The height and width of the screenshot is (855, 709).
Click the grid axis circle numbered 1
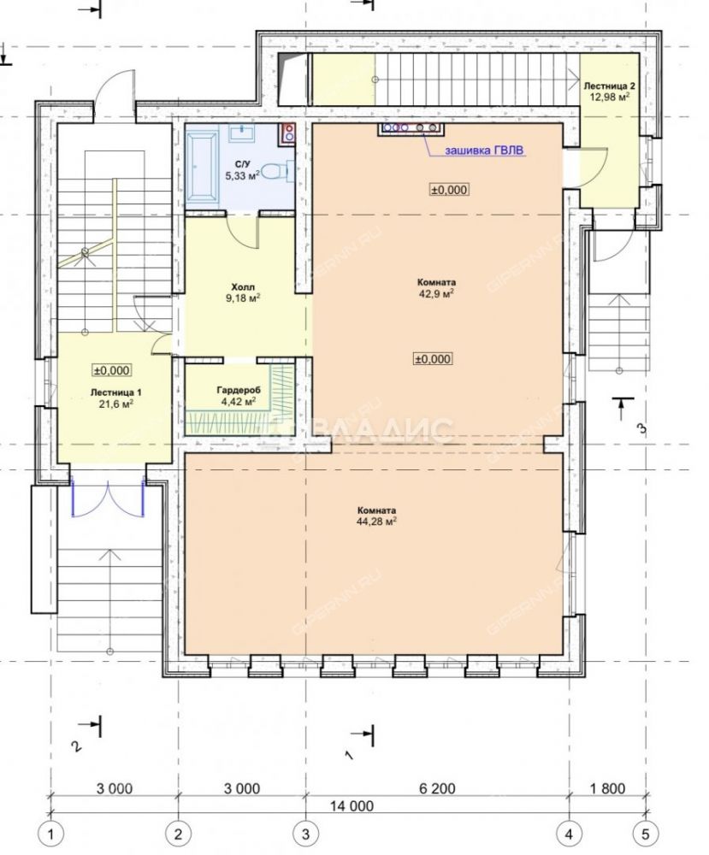pyautogui.click(x=52, y=834)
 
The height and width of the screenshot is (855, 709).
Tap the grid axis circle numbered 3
pyautogui.click(x=304, y=834)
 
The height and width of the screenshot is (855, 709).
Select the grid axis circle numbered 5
pyautogui.click(x=647, y=834)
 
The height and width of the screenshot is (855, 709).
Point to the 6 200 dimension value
pyautogui.click(x=437, y=788)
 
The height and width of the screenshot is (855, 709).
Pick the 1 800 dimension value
pyautogui.click(x=607, y=788)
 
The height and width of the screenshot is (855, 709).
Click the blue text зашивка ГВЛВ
pyautogui.click(x=486, y=151)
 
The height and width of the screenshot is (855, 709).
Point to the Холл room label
pyautogui.click(x=243, y=286)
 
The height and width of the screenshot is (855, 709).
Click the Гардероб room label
pyautogui.click(x=239, y=391)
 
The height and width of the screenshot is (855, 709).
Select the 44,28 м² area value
pyautogui.click(x=375, y=522)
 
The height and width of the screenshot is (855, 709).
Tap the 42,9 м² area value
pyautogui.click(x=436, y=293)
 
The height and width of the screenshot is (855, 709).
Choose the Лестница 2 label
pyautogui.click(x=609, y=86)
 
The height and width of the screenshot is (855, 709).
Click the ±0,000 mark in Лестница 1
pyautogui.click(x=111, y=371)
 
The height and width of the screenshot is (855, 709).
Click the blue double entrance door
pyautogui.click(x=109, y=497)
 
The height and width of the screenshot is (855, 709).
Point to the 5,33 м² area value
pyautogui.click(x=243, y=175)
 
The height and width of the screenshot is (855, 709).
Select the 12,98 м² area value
pyautogui.click(x=610, y=97)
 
